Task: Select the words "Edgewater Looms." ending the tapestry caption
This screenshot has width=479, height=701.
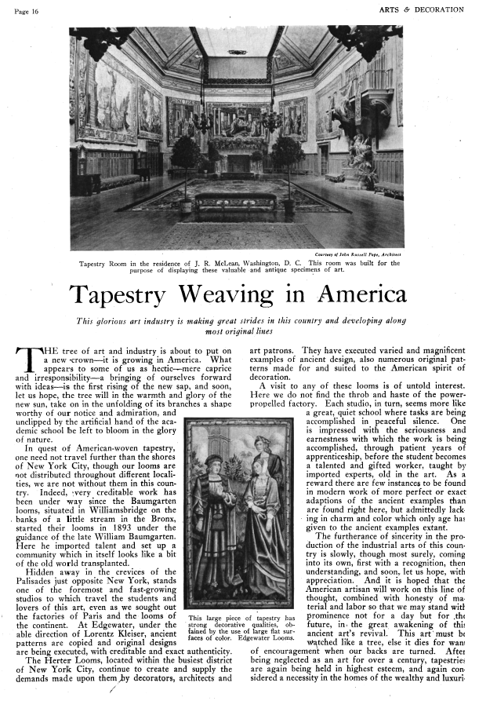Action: coord(232,637)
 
